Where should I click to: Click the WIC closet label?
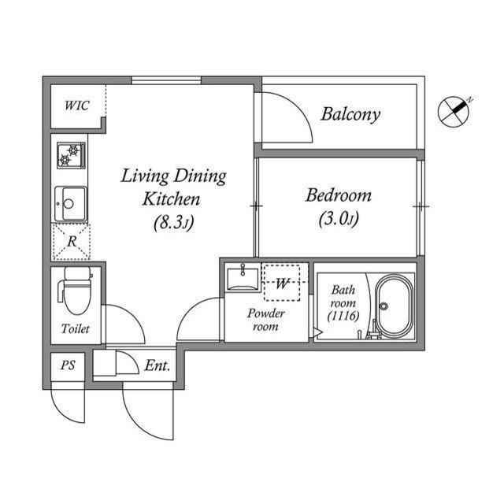tap(76, 106)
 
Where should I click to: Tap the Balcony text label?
tap(350, 114)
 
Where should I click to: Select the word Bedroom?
tap(338, 195)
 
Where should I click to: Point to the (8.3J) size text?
tap(173, 223)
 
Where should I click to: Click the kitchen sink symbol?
tap(69, 204)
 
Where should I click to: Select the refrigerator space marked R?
tap(71, 242)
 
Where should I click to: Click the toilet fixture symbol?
tap(76, 291)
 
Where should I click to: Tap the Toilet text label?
tap(76, 328)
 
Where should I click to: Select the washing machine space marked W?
tap(281, 282)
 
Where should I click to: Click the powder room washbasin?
tap(241, 279)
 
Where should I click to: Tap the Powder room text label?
tap(265, 320)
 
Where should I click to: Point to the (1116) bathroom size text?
tap(343, 316)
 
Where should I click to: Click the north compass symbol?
tap(454, 110)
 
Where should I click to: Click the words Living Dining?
tap(173, 176)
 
